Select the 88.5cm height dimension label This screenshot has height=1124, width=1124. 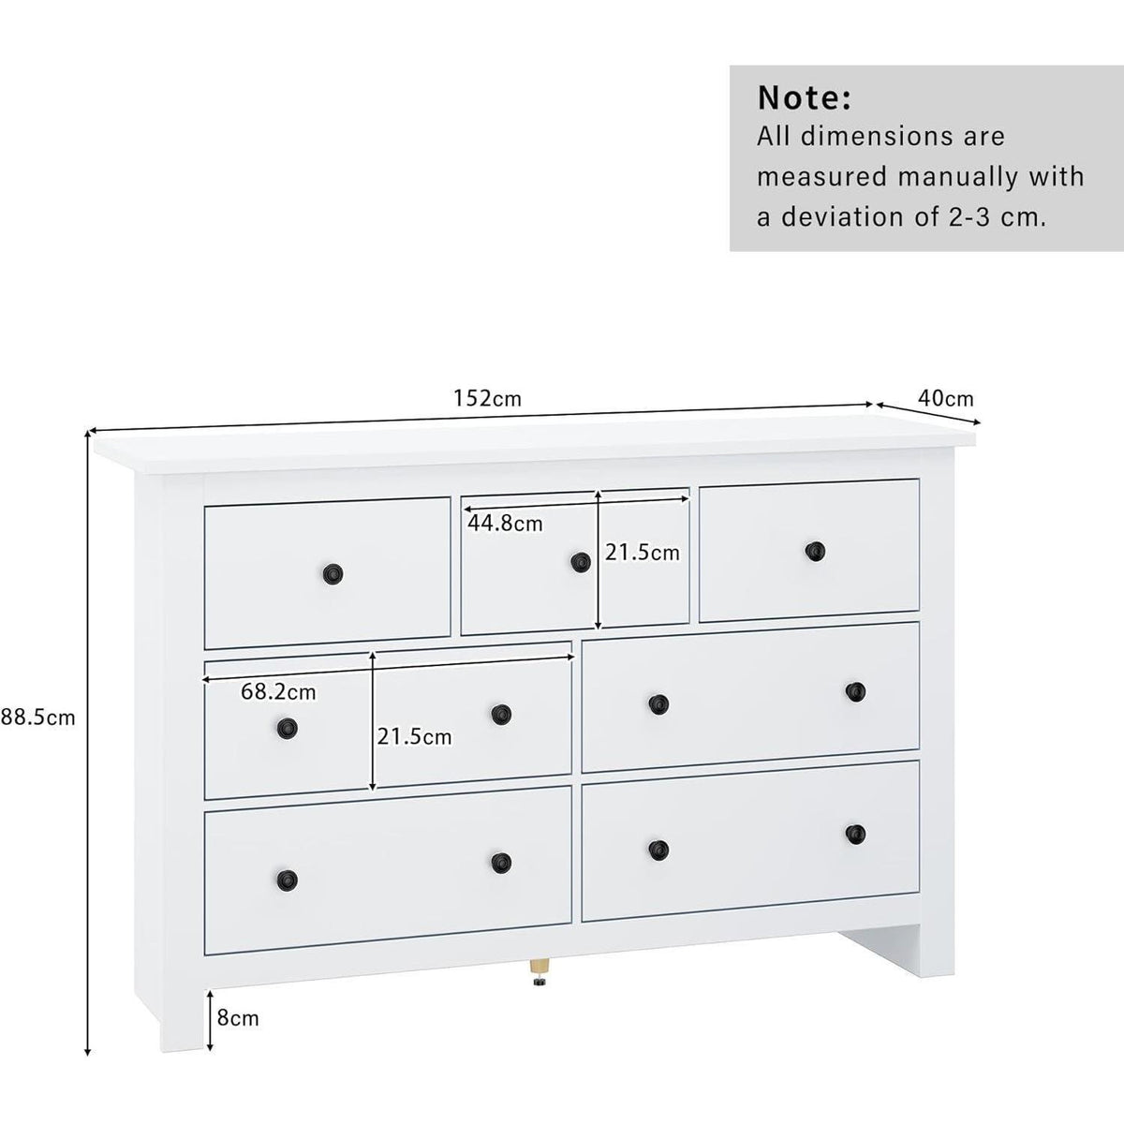tap(37, 717)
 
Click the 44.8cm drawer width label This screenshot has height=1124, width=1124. tap(505, 524)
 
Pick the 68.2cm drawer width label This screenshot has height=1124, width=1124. tap(278, 692)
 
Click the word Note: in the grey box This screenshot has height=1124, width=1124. tap(805, 98)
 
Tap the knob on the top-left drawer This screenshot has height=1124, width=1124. tap(333, 573)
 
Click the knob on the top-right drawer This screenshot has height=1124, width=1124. tap(815, 551)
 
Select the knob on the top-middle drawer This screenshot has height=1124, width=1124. tap(580, 562)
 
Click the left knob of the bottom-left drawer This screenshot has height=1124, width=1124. tap(287, 880)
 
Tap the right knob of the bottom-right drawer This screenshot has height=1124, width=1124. tap(856, 833)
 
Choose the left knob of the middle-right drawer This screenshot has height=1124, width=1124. tap(658, 704)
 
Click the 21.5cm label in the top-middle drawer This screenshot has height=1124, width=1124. tap(643, 553)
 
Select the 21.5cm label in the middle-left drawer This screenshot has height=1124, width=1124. tap(414, 737)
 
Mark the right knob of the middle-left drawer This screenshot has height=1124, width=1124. tap(501, 713)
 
